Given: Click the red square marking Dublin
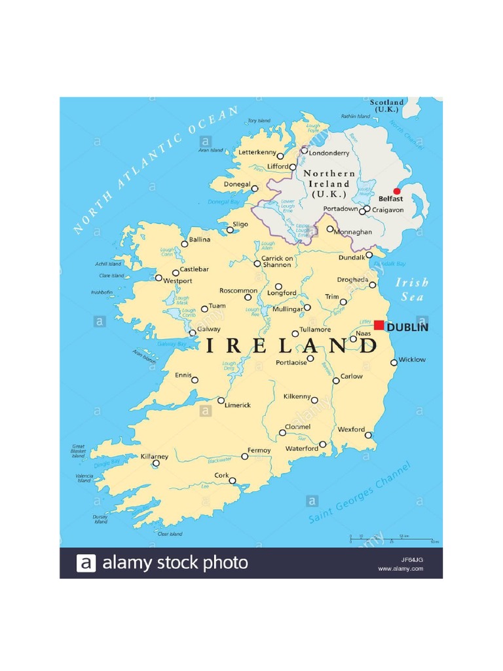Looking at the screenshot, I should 379,325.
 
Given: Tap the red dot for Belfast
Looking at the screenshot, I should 396,191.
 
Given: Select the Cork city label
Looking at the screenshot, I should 222,475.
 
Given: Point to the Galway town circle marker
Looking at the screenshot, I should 193,333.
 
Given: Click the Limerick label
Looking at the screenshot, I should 238,405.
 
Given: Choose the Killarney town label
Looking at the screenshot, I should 155,456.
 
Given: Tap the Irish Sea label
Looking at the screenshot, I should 412,290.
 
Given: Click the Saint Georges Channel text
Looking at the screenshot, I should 360,492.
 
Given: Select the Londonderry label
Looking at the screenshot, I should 329,152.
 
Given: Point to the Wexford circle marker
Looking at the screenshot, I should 368,434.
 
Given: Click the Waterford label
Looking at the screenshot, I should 302,448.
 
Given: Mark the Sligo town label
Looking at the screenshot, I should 240,224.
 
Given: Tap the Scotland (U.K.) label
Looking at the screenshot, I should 386,105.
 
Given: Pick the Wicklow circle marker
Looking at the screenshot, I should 394,362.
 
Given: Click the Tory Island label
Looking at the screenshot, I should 259,121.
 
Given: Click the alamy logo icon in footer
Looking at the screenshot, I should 86,563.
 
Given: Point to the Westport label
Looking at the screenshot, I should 177,280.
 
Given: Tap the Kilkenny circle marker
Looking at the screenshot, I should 314,400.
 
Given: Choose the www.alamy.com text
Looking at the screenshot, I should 400,568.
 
